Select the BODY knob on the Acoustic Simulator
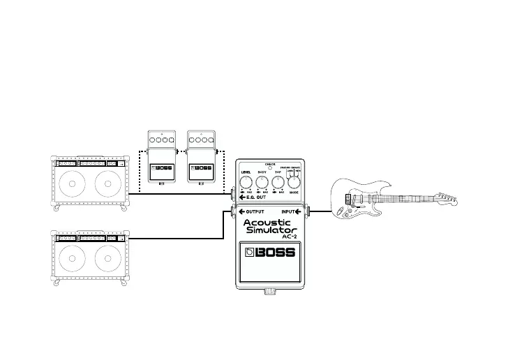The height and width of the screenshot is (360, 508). coord(262,183)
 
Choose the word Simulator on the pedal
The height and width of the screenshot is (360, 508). coord(271,230)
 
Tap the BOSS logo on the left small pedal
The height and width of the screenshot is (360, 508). coord(163,168)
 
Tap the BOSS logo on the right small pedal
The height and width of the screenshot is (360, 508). coord(202,168)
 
